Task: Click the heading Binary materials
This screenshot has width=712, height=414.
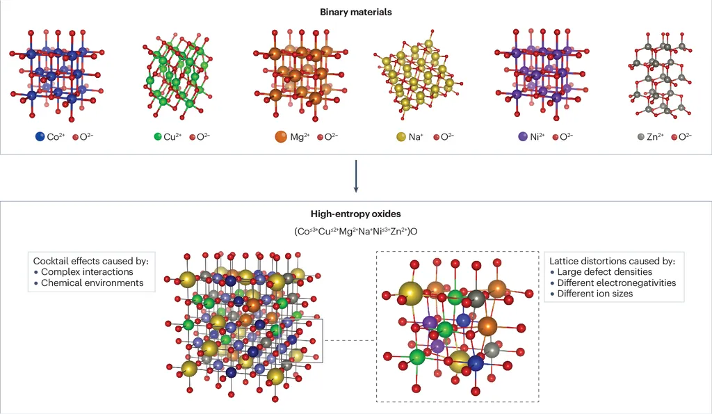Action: [x=355, y=12]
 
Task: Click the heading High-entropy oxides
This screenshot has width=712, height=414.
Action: [x=355, y=215]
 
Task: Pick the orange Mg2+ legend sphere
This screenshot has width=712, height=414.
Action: [x=281, y=137]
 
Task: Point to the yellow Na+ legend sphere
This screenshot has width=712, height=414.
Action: [x=401, y=137]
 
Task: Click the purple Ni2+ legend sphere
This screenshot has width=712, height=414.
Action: [x=524, y=137]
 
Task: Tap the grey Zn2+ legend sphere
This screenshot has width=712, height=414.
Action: [x=642, y=137]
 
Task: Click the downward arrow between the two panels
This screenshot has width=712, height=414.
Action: [x=355, y=177]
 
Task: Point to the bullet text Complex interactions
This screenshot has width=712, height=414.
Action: [x=87, y=272]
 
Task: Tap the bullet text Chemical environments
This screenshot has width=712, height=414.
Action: [x=92, y=283]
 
